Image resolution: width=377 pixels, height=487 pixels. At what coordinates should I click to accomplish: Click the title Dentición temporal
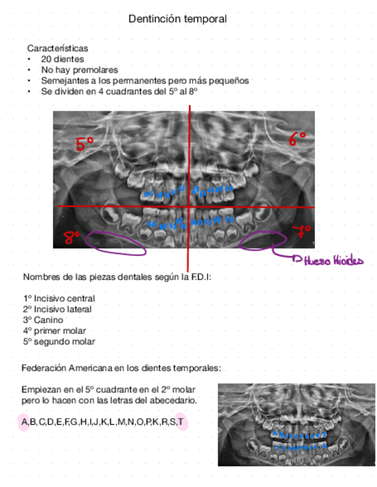coord(178,19)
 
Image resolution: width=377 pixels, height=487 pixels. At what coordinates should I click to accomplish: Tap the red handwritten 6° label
coord(297,138)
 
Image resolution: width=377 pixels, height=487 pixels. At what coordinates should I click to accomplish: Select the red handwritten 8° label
coord(71,237)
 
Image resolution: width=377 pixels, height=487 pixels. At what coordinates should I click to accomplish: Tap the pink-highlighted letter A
coord(24,423)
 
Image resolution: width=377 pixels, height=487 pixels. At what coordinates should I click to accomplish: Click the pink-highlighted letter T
coord(180,423)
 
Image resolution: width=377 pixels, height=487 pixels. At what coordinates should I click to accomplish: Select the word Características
coord(57,49)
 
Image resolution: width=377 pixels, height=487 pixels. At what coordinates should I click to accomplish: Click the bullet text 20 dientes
coord(62,59)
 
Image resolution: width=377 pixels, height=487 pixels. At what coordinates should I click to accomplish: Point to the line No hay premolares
coord(79,69)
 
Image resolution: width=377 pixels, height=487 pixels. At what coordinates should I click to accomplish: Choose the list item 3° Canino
coord(43,320)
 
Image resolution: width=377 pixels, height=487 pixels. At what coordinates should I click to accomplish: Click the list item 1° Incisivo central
coord(59,299)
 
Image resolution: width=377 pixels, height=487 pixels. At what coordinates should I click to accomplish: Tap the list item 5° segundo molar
coord(59,342)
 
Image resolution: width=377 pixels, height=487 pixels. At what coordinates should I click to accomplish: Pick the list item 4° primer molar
coord(55,331)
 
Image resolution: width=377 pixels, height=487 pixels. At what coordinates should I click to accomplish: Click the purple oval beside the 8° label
coord(115,242)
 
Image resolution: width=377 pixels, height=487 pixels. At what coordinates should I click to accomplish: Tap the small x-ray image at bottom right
coord(296,424)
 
